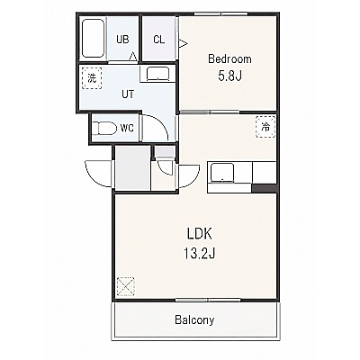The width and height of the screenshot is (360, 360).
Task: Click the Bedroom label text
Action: pyautogui.click(x=229, y=58)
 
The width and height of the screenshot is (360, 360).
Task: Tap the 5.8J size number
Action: pyautogui.click(x=229, y=76)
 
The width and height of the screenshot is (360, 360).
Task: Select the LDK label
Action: pyautogui.click(x=200, y=234)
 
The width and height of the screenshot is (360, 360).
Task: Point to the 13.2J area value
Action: pyautogui.click(x=200, y=254)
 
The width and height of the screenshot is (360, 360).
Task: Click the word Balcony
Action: pyautogui.click(x=194, y=320)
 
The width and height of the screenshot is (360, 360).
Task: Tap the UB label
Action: pyautogui.click(x=122, y=40)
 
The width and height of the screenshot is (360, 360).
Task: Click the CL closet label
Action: pyautogui.click(x=159, y=40)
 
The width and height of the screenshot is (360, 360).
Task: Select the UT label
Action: pyautogui.click(x=128, y=94)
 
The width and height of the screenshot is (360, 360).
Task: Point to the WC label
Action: pyautogui.click(x=127, y=128)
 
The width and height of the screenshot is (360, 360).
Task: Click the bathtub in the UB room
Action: pyautogui.click(x=93, y=38)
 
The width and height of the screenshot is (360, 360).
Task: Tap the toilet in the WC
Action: pyautogui.click(x=104, y=129)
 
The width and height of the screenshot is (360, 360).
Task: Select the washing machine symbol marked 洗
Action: pyautogui.click(x=92, y=77)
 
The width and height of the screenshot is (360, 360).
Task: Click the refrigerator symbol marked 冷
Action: pyautogui.click(x=265, y=127)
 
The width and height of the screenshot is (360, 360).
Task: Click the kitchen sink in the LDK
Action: pyautogui.click(x=222, y=173)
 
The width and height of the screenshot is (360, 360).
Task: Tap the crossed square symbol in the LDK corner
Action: pyautogui.click(x=125, y=286)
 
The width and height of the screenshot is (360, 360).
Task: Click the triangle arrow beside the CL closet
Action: pyautogui.click(x=183, y=44)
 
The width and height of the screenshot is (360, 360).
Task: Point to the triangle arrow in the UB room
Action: pyautogui.click(x=133, y=57)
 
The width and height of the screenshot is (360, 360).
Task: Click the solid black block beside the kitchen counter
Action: pyautogui.click(x=264, y=188)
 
